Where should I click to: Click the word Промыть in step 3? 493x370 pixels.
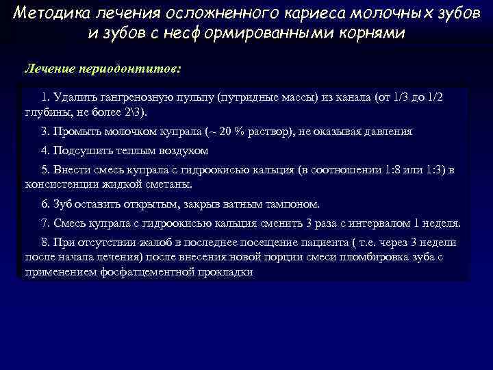coord(77,132)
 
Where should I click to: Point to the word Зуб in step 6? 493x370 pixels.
coord(64,203)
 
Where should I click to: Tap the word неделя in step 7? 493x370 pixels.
coord(440,223)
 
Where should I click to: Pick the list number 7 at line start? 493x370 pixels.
coord(45,223)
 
